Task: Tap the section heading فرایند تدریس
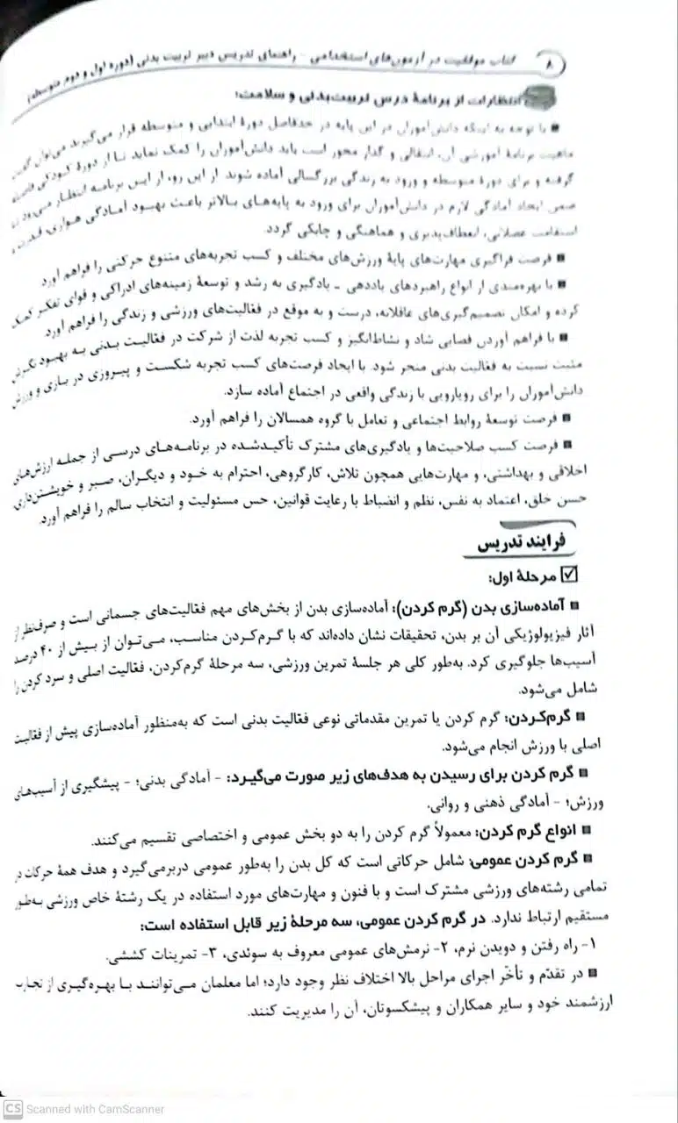coord(518,544)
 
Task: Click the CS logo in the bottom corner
coord(11,1108)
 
